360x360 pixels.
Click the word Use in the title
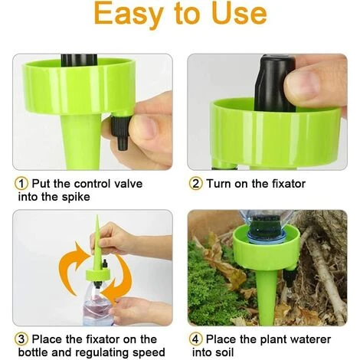[x=239, y=13]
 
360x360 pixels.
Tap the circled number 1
[x=21, y=184]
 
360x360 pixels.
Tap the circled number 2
[x=196, y=184]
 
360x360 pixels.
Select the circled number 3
[x=21, y=339]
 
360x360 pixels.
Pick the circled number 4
[x=196, y=339]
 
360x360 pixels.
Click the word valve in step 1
[x=128, y=184]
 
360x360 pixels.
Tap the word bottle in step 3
[x=34, y=352]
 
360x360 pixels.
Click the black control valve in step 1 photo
[x=119, y=132]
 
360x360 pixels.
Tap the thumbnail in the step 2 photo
[x=302, y=85]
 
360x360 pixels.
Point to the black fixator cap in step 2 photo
[x=275, y=83]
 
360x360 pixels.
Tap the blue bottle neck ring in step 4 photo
[x=266, y=240]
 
